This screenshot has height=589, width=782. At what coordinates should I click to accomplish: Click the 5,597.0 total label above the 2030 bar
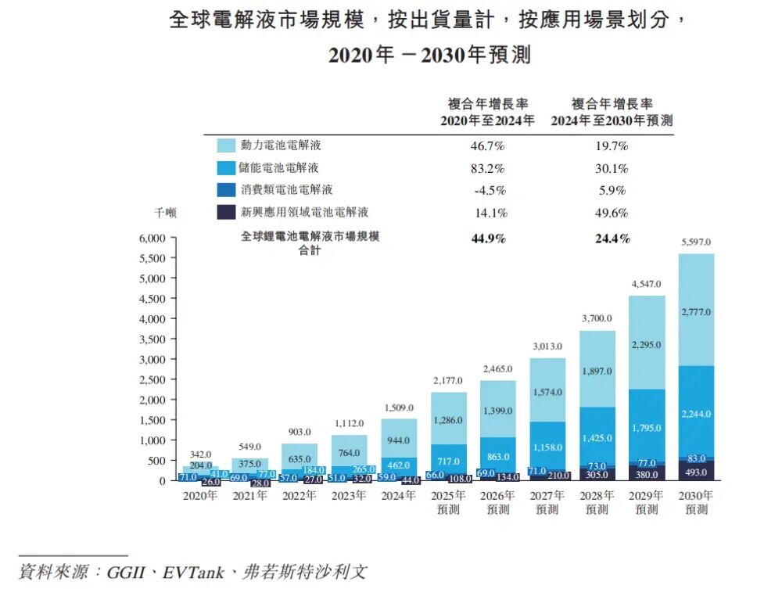tap(696, 242)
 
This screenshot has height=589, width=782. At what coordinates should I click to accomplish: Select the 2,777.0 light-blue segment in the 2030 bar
tap(696, 312)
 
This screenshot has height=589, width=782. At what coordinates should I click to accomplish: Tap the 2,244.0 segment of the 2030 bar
tap(696, 414)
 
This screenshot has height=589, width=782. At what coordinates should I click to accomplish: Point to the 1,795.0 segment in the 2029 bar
tap(647, 428)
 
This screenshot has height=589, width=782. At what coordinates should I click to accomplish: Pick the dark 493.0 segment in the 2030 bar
tap(696, 472)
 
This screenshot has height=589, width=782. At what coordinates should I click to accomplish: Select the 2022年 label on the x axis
tap(300, 496)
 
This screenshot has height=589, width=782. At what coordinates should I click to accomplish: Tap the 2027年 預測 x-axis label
tap(547, 503)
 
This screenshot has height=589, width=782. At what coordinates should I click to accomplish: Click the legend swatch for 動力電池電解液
tap(226, 145)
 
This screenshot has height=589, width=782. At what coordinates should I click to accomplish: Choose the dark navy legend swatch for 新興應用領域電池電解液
tap(226, 212)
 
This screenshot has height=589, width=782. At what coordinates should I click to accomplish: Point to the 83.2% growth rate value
tap(488, 168)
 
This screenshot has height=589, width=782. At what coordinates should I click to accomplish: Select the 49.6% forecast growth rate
tap(612, 213)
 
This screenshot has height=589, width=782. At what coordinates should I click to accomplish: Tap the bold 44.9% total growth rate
tap(488, 239)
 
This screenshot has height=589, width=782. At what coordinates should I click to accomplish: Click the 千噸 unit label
tap(165, 212)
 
